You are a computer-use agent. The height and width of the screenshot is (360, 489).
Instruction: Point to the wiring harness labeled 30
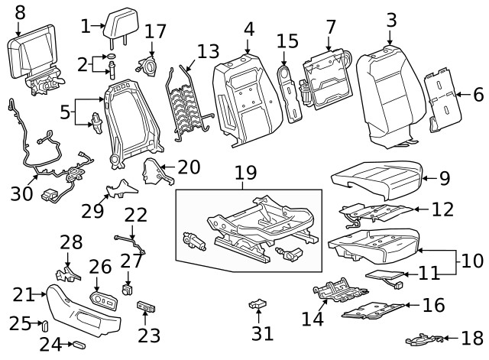[x=46, y=157]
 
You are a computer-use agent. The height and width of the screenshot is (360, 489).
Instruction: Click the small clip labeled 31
[x=259, y=307]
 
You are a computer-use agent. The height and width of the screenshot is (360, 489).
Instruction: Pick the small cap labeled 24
[x=79, y=345]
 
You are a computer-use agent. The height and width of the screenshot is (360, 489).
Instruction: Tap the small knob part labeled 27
[x=128, y=290]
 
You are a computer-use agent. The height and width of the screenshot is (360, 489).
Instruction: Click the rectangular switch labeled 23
[x=146, y=307]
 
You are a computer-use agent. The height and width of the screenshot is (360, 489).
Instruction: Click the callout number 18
[x=471, y=338]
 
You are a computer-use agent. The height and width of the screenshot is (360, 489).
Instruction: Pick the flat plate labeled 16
[x=370, y=310]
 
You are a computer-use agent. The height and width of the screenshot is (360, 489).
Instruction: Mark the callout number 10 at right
[x=471, y=261]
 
